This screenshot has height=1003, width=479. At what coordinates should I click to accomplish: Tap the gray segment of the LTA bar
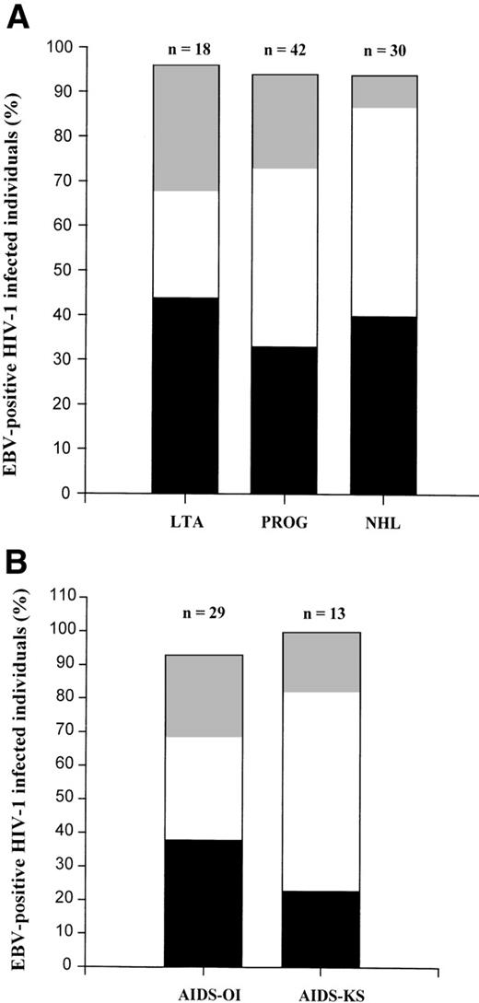[x=185, y=128]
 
